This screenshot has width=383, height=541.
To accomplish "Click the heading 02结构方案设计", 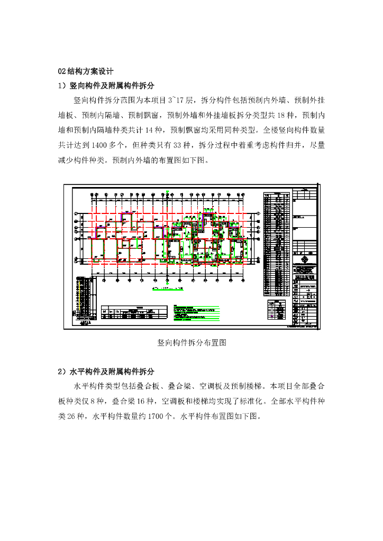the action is [x=85, y=71].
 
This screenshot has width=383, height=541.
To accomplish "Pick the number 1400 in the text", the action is [x=104, y=144].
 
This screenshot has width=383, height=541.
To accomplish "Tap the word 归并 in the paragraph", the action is [x=290, y=144].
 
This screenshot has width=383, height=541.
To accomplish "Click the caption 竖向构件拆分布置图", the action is [x=191, y=343].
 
